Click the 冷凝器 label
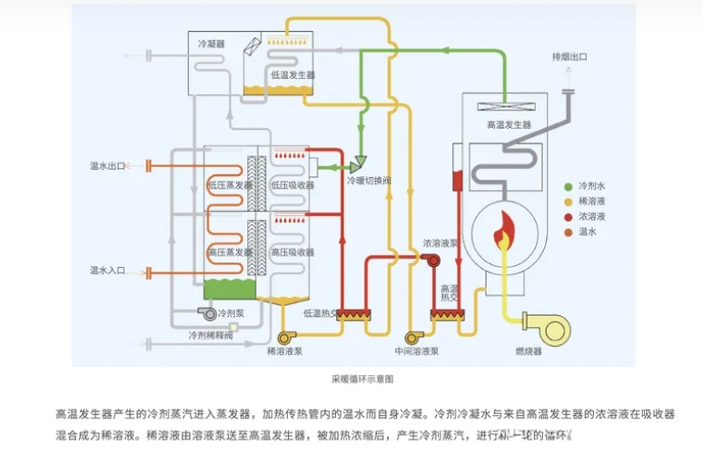click(212, 43)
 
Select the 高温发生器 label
click(509, 124)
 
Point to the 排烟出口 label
click(569, 56)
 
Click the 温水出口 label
click(107, 166)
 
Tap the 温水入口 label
click(107, 270)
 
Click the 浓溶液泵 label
click(440, 243)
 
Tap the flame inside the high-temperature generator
click(503, 237)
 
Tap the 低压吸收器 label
click(292, 184)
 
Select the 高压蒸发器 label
click(230, 252)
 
